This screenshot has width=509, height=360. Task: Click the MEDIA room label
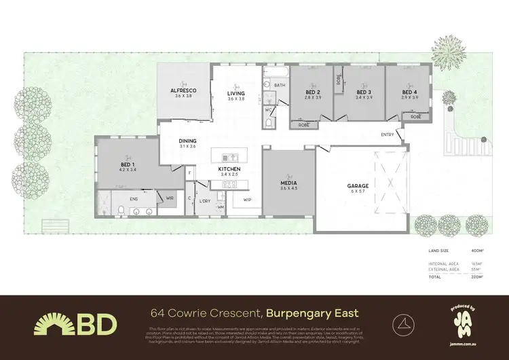288,183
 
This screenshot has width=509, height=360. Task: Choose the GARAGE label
358,185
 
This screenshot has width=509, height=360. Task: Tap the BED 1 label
128,165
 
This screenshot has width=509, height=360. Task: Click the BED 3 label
364,92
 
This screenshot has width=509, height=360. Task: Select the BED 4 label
410,92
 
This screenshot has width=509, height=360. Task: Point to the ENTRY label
388,134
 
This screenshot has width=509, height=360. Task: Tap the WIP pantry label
247,199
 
